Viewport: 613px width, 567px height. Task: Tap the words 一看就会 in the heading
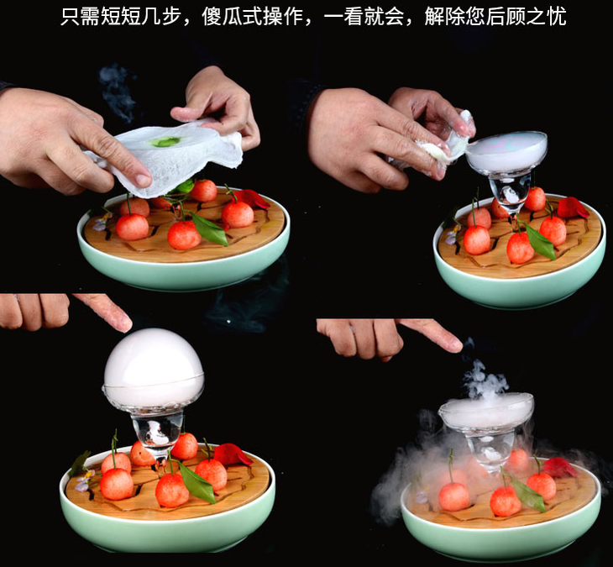pyautogui.click(x=364, y=17)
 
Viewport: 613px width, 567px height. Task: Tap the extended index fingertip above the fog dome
pyautogui.click(x=125, y=323)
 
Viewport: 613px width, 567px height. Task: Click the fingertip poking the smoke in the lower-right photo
pyautogui.click(x=455, y=345)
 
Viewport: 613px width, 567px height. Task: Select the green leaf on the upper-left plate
pyautogui.click(x=209, y=228)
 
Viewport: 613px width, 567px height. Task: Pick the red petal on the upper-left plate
pyautogui.click(x=253, y=199)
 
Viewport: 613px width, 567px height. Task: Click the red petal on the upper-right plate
pyautogui.click(x=572, y=207)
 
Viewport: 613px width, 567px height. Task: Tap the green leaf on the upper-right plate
pyautogui.click(x=541, y=242)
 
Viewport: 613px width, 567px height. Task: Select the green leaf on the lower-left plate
pyautogui.click(x=196, y=482)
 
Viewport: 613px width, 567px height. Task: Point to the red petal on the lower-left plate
pyautogui.click(x=233, y=454)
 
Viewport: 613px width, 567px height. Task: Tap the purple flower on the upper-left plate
pyautogui.click(x=102, y=222)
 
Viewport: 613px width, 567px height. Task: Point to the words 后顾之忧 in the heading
pyautogui.click(x=527, y=17)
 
